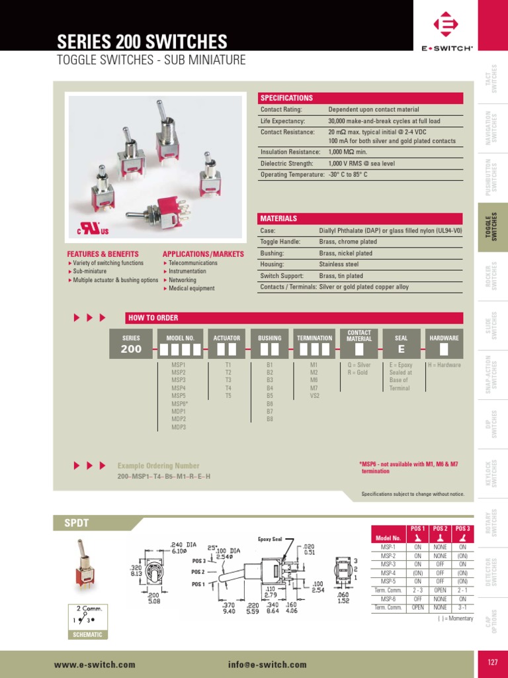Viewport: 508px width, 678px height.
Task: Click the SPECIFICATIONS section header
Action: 286,98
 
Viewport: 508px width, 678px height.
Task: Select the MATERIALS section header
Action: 278,218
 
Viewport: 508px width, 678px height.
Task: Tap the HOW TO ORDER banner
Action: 153,318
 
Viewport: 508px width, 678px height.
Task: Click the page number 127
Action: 491,663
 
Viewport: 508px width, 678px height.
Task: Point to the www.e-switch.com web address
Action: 95,664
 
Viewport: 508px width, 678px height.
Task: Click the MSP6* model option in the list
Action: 180,404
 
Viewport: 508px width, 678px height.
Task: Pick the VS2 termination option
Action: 314,396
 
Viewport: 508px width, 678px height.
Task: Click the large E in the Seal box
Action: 401,349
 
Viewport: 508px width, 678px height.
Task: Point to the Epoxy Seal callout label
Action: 270,539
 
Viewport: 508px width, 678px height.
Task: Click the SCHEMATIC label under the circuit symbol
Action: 87,634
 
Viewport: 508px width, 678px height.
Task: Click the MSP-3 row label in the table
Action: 388,564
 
